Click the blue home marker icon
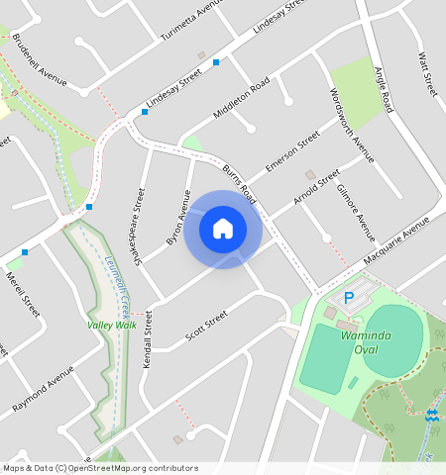(223, 229)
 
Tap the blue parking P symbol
(348, 297)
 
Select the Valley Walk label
(111, 326)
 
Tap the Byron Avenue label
(178, 219)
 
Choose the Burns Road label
(240, 183)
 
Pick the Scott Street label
(207, 329)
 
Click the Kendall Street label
(149, 337)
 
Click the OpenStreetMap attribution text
(99, 468)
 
